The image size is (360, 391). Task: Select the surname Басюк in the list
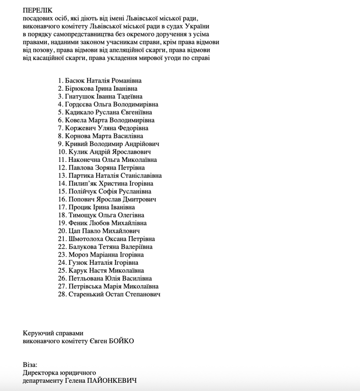(x=75, y=80)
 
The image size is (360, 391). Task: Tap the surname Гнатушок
(x=81, y=96)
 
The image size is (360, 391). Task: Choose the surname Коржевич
(x=81, y=128)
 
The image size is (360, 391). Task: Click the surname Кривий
(x=77, y=144)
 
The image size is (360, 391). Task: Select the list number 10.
(x=62, y=152)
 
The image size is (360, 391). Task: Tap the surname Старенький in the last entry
(x=88, y=294)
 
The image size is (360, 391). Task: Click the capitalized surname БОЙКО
(x=122, y=341)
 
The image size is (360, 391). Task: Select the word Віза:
(x=30, y=365)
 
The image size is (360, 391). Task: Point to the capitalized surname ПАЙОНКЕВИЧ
(x=114, y=381)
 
